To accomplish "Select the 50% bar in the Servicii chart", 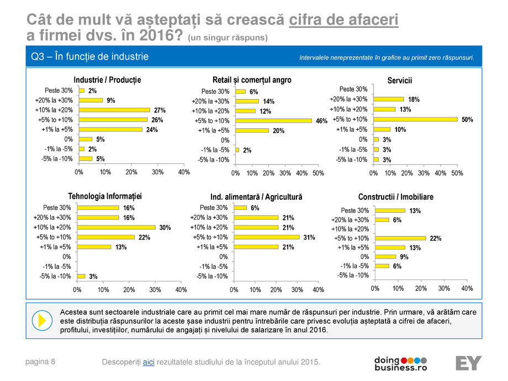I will click(x=415, y=119).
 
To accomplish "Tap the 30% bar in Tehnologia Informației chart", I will click(x=116, y=227).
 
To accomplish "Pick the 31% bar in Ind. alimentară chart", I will click(x=267, y=237).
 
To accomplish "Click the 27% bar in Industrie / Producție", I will click(x=114, y=110).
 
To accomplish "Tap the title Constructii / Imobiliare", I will click(x=395, y=197).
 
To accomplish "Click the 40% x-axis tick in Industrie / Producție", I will click(x=183, y=172).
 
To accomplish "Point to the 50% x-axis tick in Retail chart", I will click(x=318, y=173).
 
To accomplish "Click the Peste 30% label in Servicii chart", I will click(x=353, y=89).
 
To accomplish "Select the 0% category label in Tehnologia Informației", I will click(x=66, y=257).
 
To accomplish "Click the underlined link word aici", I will click(x=149, y=362).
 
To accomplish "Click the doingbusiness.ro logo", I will click(x=401, y=363).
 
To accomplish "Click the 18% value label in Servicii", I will click(x=414, y=99).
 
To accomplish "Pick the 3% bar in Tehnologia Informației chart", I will click(x=81, y=276).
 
